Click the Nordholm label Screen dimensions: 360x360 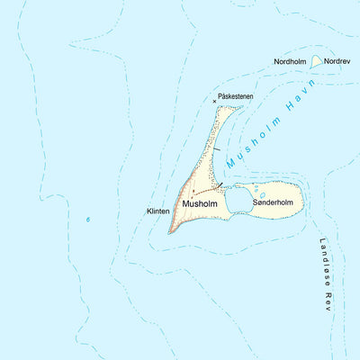point(291,61)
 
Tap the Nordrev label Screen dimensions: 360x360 point(337,61)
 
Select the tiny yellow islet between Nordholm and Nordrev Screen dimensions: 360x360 point(316,61)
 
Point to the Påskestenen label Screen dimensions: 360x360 point(236,95)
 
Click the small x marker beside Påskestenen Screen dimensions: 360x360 point(214,101)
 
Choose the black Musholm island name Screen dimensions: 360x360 point(200,204)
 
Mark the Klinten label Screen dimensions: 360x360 point(157,211)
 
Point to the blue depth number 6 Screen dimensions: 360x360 point(88,219)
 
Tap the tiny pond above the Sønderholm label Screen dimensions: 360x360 point(262,193)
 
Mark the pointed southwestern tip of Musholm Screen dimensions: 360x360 point(170,231)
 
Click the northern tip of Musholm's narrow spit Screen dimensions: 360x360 point(240,107)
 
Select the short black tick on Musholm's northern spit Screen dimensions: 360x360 point(216,148)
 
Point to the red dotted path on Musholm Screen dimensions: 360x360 point(205,191)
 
